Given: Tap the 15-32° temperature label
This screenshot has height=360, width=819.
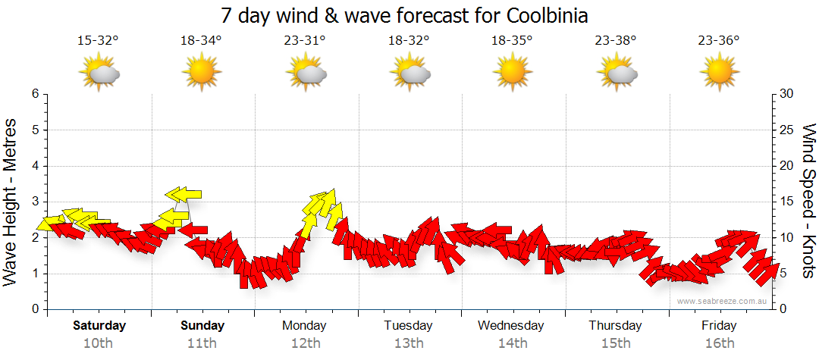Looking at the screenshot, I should tap(99, 42).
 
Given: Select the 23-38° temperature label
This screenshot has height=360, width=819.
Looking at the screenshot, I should tap(616, 42).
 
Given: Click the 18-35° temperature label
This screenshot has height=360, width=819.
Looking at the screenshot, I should tap(511, 42).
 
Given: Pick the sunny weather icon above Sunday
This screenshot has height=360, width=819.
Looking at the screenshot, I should tap(202, 74).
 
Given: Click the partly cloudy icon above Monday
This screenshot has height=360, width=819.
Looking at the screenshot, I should tap(306, 74).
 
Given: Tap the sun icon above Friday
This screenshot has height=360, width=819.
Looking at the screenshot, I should tap(719, 74).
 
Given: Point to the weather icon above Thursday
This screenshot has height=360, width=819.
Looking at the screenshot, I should tap(616, 74).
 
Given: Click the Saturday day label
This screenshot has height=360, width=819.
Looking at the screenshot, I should tap(99, 326).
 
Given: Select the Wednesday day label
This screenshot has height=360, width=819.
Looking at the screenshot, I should tap(511, 326).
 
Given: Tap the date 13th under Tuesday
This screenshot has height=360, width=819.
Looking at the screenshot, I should tap(409, 343).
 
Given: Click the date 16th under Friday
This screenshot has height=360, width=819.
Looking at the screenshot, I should tap(719, 343).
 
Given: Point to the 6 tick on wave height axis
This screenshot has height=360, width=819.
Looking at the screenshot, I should tap(34, 94).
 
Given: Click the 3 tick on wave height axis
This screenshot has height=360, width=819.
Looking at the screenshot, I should tap(34, 202).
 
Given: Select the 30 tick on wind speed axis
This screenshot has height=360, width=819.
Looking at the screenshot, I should tap(787, 94).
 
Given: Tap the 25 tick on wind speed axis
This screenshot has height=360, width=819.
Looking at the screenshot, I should tap(787, 130).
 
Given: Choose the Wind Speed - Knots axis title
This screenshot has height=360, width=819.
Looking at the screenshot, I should tap(808, 202).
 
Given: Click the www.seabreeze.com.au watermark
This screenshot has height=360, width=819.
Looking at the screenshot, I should tap(723, 301).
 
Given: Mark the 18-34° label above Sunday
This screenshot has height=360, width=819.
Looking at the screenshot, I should tap(202, 42).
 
